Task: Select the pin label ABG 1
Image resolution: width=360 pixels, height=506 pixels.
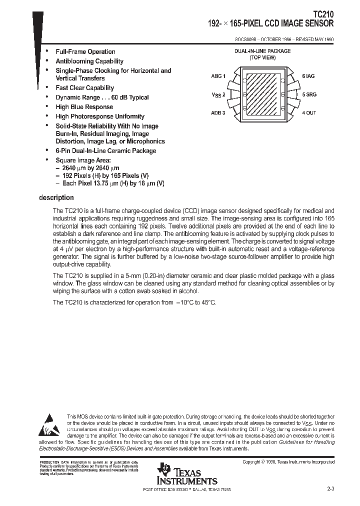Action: click(x=218, y=76)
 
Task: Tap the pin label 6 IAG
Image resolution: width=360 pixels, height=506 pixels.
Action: click(x=308, y=76)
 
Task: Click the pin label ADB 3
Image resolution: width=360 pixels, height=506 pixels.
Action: click(x=218, y=113)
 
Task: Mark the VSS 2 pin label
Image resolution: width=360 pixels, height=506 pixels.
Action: click(x=218, y=94)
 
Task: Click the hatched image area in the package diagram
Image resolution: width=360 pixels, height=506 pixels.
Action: click(x=263, y=94)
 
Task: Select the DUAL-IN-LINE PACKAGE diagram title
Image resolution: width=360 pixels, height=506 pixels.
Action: click(x=262, y=51)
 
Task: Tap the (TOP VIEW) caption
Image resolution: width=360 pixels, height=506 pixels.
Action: click(x=263, y=58)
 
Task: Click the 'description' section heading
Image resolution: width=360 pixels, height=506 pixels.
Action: click(x=56, y=197)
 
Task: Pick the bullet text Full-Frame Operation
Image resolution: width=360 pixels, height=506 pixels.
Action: click(x=85, y=52)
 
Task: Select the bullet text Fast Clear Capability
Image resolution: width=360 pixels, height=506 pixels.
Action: click(x=85, y=88)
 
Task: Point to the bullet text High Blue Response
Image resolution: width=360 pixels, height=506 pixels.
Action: click(x=84, y=107)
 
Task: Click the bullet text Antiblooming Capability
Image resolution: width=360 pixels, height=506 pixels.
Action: click(x=89, y=61)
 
